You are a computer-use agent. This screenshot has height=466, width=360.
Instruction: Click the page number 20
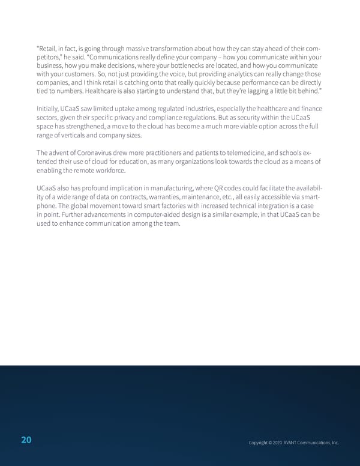pos(26,440)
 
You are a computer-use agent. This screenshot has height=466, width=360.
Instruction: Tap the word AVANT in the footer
pos(291,443)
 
